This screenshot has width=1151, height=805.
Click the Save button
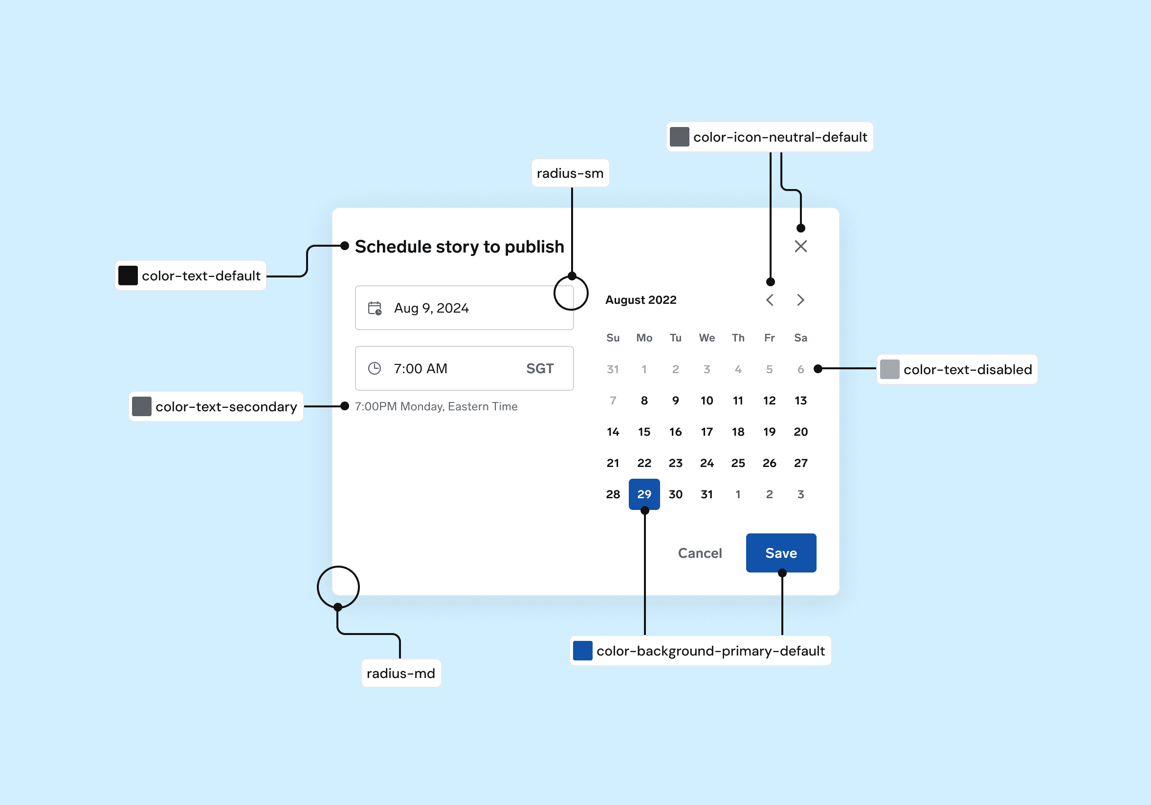pos(780,552)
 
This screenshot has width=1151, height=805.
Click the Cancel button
pos(699,553)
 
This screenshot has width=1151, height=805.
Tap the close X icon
pos(800,246)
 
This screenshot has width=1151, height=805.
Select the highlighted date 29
pos(643,494)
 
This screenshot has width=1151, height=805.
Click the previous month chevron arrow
pos(770,299)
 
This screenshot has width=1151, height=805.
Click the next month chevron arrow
pos(800,299)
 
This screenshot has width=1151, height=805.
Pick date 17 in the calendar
pos(707,431)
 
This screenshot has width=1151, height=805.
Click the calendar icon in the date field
pos(375,308)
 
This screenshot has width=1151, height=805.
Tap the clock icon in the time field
pos(375,368)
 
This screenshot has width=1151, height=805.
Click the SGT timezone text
pos(539,368)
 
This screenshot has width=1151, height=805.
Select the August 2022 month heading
pos(640,299)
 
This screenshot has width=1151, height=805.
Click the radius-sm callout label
pos(570,173)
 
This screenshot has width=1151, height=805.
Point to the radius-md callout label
pos(400,673)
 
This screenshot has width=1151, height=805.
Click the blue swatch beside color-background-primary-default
pos(582,650)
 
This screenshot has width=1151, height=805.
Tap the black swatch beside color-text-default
pos(128,275)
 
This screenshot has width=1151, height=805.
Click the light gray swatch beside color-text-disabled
pos(889,369)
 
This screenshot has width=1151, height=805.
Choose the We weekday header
pos(707,338)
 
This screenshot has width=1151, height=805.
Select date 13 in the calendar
pos(800,400)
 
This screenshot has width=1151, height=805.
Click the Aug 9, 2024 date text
pos(431,308)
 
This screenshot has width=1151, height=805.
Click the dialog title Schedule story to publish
pos(459,247)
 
